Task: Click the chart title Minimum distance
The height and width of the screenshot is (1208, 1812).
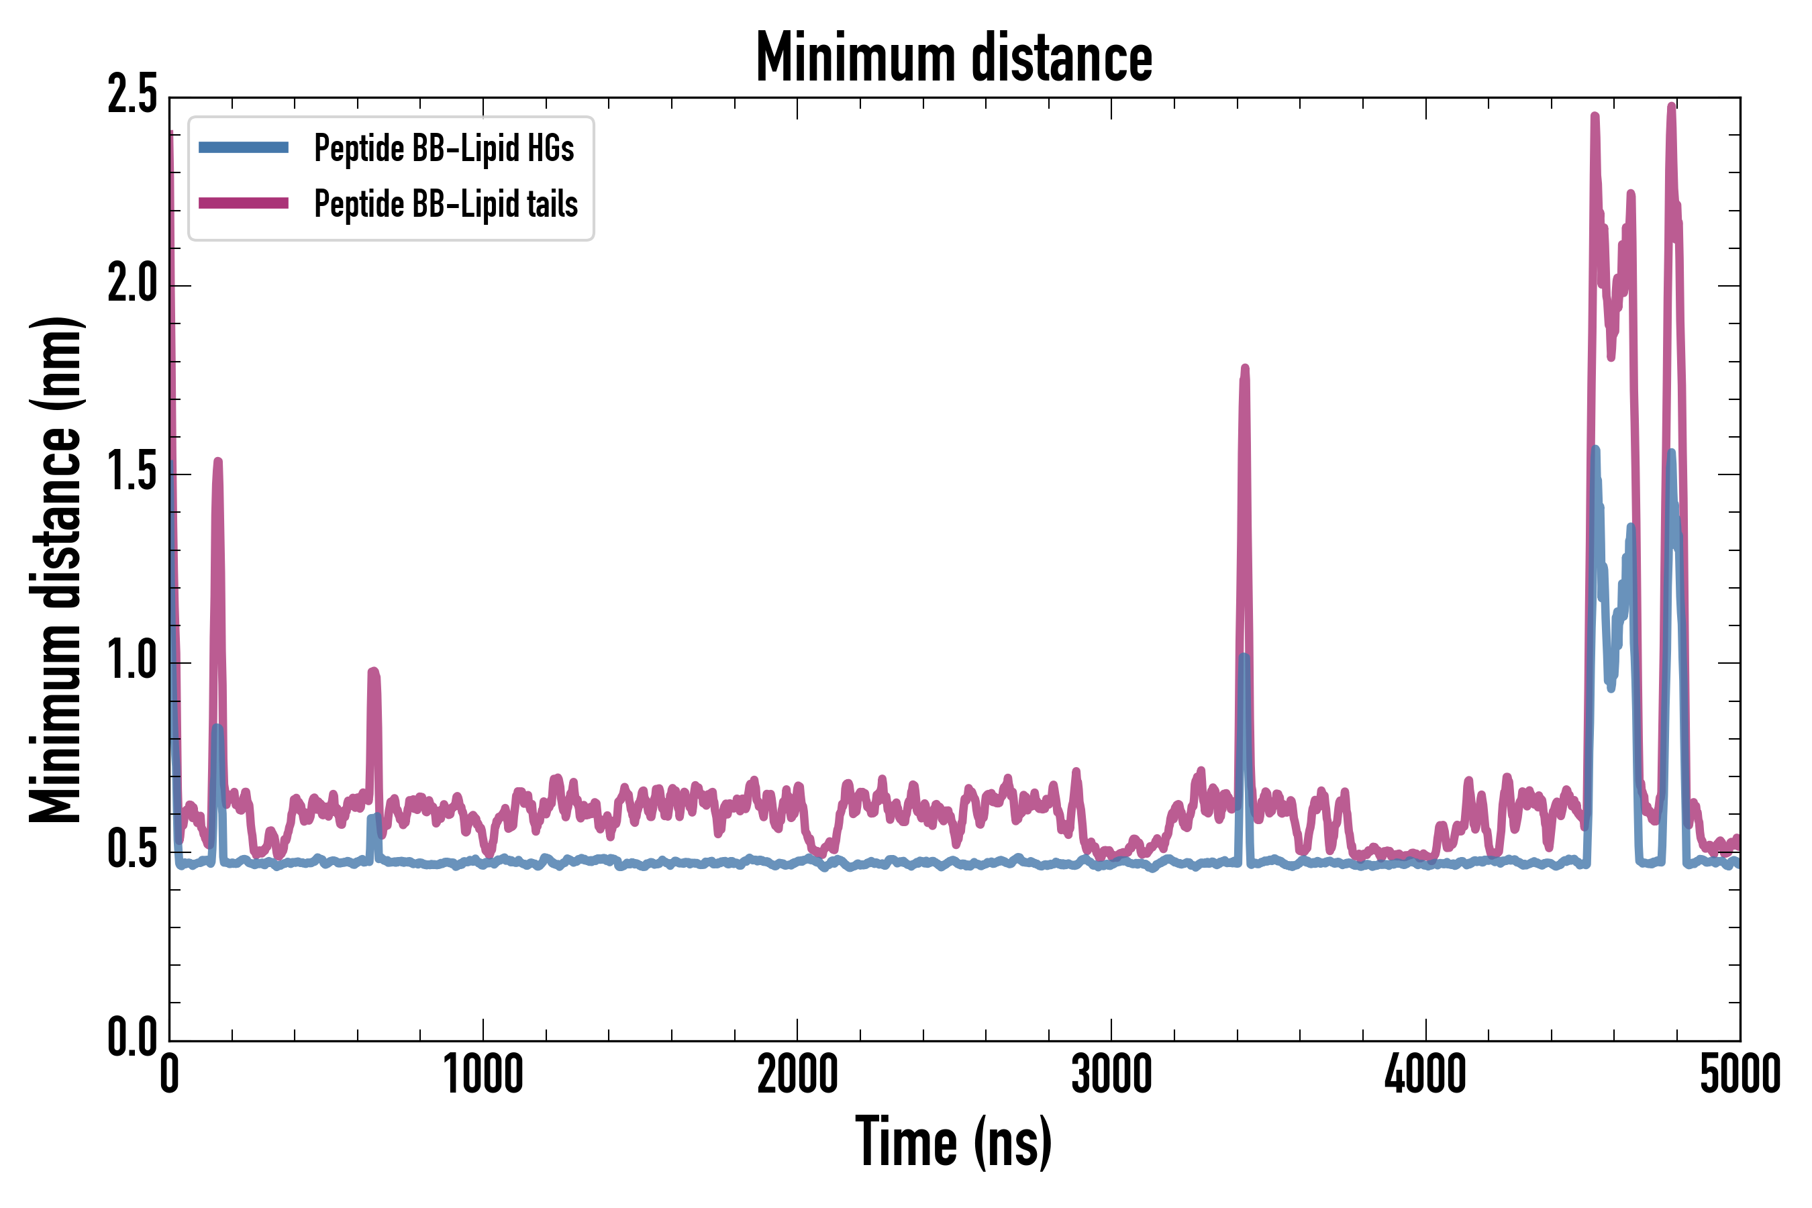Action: (x=954, y=58)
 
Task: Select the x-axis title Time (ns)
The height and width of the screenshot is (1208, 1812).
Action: (x=954, y=1142)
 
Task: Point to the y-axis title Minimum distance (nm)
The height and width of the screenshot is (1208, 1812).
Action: (x=56, y=569)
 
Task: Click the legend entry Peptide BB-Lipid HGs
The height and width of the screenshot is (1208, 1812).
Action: (x=444, y=148)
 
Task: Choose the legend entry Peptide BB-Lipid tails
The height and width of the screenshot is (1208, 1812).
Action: (x=446, y=204)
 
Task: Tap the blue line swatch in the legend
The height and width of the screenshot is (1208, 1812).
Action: (x=244, y=148)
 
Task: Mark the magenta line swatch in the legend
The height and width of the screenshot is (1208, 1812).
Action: (x=244, y=203)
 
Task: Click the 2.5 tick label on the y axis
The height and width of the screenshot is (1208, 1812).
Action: (x=132, y=96)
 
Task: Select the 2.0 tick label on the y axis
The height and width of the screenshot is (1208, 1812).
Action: (x=132, y=285)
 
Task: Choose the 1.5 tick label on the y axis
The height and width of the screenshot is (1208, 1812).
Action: (x=132, y=474)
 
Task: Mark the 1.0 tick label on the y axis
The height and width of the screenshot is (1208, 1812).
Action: (x=132, y=662)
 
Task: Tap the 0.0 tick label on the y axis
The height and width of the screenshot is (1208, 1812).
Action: (x=132, y=1038)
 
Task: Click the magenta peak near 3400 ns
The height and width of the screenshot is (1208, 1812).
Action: (x=1244, y=370)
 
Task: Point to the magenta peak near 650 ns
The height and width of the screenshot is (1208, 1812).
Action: (x=374, y=672)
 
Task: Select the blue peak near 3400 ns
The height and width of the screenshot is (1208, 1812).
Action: (x=1244, y=657)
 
